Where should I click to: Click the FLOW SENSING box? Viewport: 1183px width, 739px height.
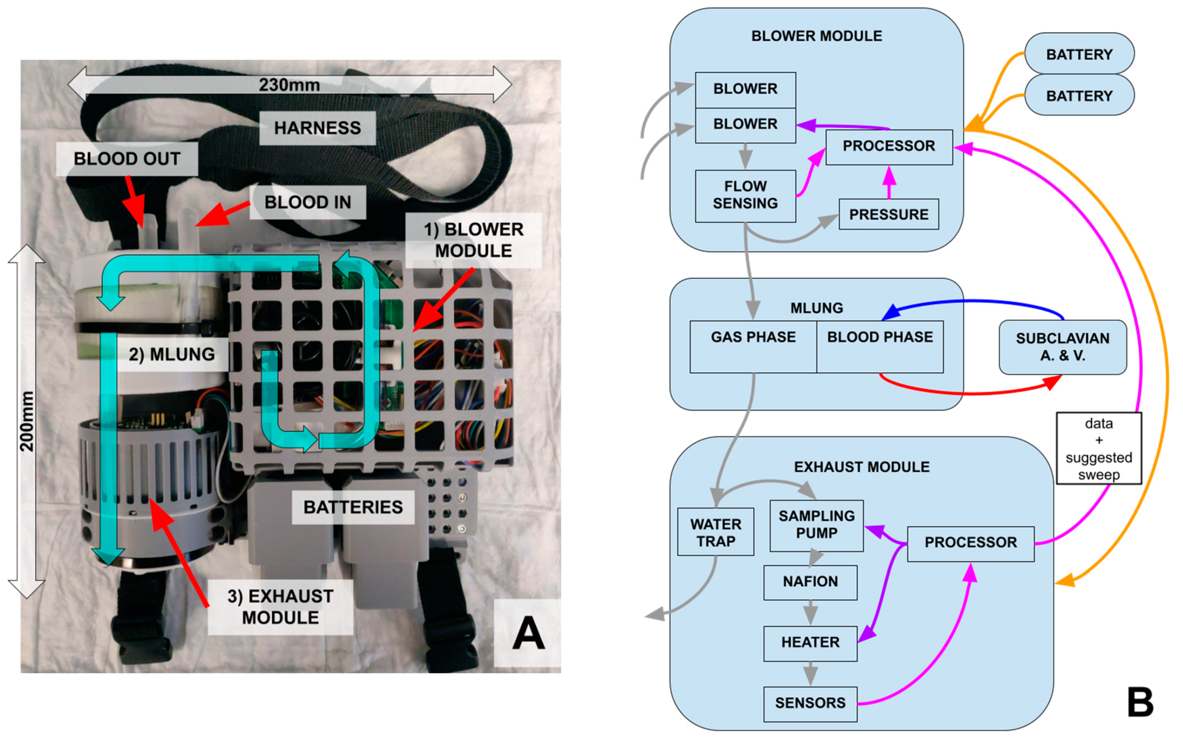pos(745,195)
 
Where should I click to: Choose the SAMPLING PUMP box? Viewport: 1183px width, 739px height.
pos(816,525)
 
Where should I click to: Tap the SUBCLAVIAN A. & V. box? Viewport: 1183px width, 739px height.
pos(1062,347)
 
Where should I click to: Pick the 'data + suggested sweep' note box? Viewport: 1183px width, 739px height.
pos(1098,448)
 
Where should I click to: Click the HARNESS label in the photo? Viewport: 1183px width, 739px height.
pos(317,128)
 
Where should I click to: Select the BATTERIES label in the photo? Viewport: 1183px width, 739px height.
pos(353,507)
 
